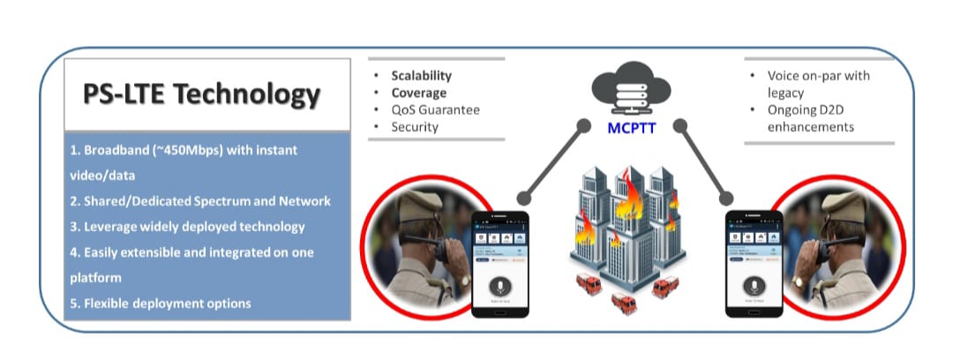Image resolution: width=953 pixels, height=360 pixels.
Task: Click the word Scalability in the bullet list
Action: (421, 76)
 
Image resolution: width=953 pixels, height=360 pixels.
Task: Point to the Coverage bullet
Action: (418, 93)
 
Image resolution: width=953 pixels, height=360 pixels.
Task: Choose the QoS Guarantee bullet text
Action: (435, 109)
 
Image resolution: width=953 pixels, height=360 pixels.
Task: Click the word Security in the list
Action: (415, 126)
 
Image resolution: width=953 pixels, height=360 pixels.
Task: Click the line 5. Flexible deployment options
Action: (161, 303)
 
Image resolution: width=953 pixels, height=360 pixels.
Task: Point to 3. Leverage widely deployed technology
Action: (187, 226)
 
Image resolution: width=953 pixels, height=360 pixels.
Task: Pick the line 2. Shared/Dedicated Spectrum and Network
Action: (200, 201)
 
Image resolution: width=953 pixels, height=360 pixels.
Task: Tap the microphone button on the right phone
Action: (753, 287)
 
